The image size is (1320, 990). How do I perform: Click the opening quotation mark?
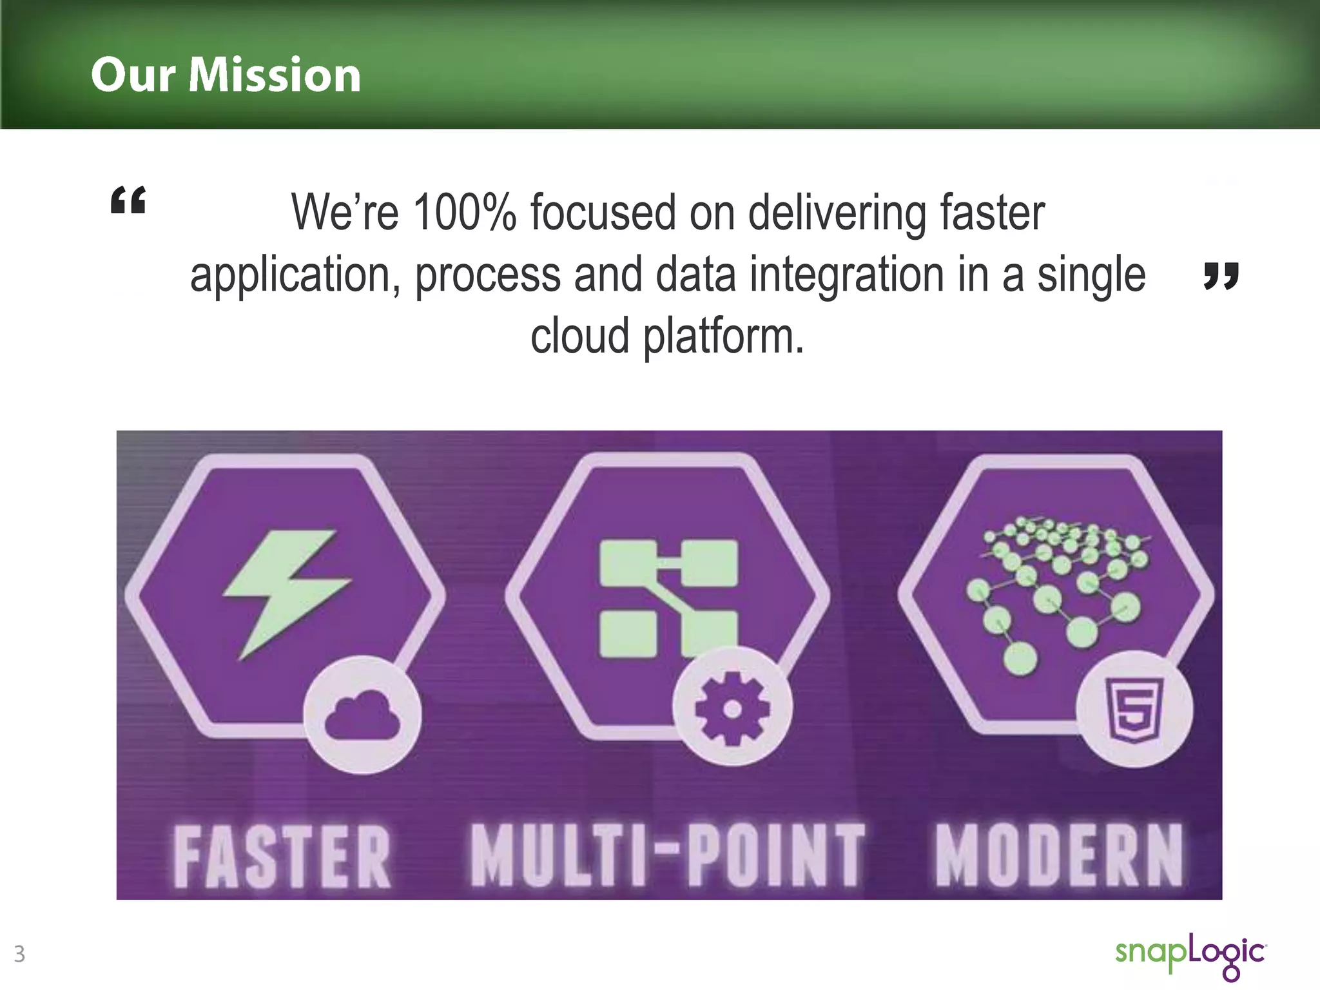(x=128, y=200)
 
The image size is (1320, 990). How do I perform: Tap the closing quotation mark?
(x=1220, y=276)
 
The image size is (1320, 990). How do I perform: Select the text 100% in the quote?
(x=464, y=213)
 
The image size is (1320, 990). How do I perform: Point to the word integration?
(x=847, y=275)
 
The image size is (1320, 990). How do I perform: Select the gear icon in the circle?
(x=732, y=708)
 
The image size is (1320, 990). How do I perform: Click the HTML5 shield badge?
(x=1134, y=710)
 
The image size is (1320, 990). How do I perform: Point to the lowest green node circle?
(x=1020, y=658)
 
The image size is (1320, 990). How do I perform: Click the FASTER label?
(x=282, y=857)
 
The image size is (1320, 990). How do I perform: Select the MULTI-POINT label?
(x=666, y=855)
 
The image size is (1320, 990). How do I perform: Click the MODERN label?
(x=1058, y=855)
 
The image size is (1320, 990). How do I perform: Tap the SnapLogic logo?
(x=1190, y=955)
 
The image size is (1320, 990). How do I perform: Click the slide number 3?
(x=19, y=953)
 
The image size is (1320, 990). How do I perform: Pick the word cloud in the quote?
(x=579, y=336)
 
